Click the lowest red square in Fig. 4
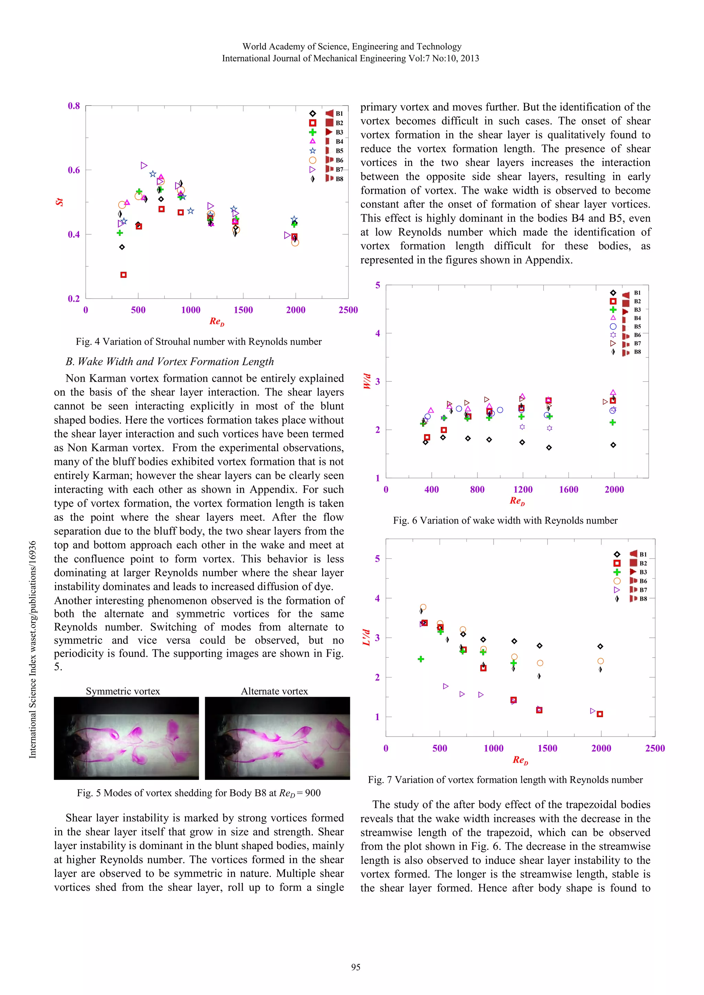[x=123, y=275]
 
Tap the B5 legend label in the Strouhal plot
[x=339, y=151]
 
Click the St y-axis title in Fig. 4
[x=59, y=202]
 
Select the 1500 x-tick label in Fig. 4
[x=243, y=310]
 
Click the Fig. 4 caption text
[x=199, y=342]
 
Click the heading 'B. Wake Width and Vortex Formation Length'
[x=169, y=361]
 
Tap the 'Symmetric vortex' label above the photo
[x=123, y=691]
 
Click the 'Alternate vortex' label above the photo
[x=274, y=691]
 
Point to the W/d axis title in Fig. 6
[x=367, y=381]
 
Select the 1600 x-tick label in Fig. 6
[x=568, y=490]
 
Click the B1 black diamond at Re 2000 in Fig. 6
[x=613, y=445]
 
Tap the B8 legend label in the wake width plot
[x=637, y=352]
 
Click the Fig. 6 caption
[x=505, y=521]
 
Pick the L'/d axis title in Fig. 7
[x=367, y=637]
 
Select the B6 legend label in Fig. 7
[x=643, y=581]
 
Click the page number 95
[x=355, y=967]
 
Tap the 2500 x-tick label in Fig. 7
[x=654, y=748]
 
